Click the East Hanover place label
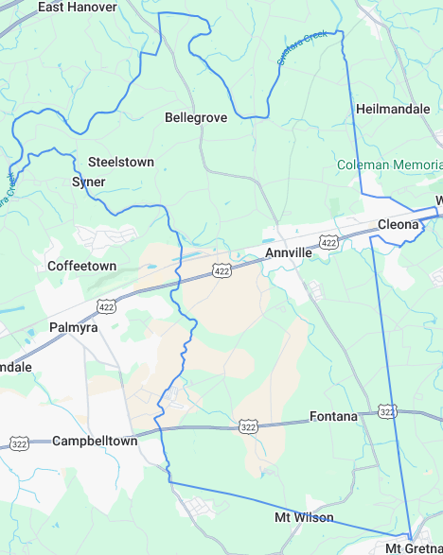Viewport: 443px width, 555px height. pyautogui.click(x=78, y=8)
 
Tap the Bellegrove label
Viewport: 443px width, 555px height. pyautogui.click(x=196, y=118)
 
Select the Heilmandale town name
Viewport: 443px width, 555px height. pyautogui.click(x=393, y=110)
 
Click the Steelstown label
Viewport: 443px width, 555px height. pyautogui.click(x=121, y=162)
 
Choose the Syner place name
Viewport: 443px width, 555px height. pyautogui.click(x=89, y=182)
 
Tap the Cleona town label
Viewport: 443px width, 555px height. pyautogui.click(x=398, y=224)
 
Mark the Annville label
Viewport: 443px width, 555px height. pyautogui.click(x=289, y=253)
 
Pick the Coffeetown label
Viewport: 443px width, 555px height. pyautogui.click(x=82, y=267)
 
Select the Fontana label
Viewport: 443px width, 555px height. pyautogui.click(x=333, y=416)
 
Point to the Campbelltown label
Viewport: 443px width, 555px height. pyautogui.click(x=95, y=442)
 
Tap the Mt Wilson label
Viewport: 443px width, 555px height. pyautogui.click(x=304, y=518)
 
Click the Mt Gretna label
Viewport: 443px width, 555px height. pyautogui.click(x=414, y=548)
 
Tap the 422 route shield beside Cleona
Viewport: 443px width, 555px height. pyautogui.click(x=328, y=243)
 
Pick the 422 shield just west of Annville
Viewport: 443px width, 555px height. pyautogui.click(x=221, y=271)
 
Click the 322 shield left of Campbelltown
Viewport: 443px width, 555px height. pyautogui.click(x=18, y=442)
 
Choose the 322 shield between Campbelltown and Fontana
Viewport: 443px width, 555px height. pyautogui.click(x=248, y=427)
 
